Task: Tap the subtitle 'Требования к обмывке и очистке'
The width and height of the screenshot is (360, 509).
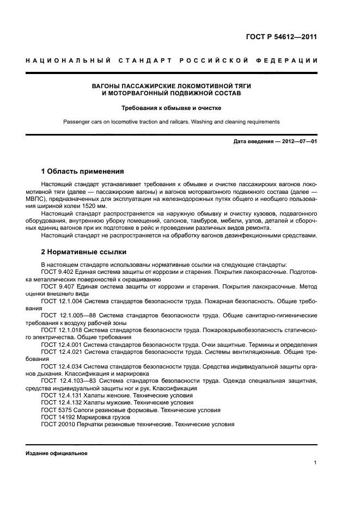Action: coord(180,108)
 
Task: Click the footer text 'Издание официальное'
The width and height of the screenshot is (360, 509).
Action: coord(57,453)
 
